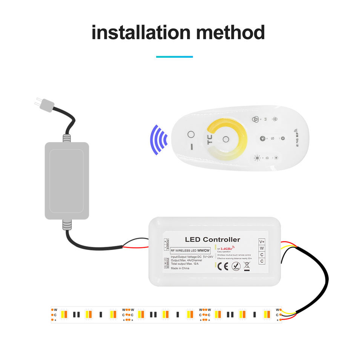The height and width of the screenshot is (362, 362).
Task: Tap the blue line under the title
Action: point(175,57)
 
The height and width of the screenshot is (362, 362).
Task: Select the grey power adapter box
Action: point(67,180)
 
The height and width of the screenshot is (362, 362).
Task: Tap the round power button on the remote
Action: point(191,135)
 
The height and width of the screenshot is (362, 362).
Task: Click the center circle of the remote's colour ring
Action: point(225,139)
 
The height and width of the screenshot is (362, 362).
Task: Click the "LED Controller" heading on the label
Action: point(212,239)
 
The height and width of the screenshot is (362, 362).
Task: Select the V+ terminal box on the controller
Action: point(262,241)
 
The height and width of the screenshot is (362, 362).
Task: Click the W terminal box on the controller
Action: point(262,248)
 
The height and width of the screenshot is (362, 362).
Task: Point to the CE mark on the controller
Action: point(223,266)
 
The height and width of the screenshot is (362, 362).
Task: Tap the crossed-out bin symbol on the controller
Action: point(247,266)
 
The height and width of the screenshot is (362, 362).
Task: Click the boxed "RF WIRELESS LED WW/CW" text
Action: point(191,250)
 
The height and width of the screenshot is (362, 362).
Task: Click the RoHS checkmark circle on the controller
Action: point(236,266)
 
